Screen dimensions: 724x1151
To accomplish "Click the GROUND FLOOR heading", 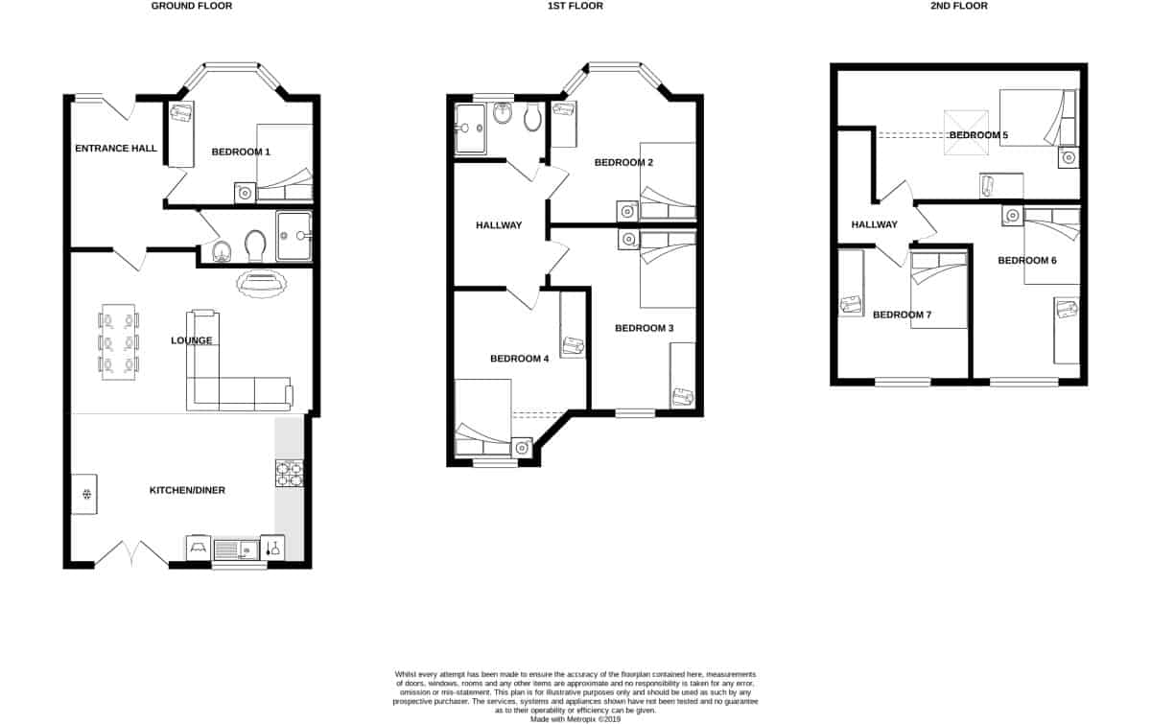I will click(192, 6).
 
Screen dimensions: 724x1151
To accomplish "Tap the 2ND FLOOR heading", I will click(959, 6).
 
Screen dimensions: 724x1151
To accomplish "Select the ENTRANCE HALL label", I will click(116, 149).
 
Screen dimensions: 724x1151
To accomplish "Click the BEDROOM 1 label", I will click(242, 152).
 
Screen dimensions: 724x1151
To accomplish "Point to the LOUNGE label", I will click(191, 340).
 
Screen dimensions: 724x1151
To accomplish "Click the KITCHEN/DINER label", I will click(187, 491).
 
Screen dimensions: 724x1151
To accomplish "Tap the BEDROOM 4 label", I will click(519, 359).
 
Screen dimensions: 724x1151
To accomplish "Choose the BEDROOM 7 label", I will click(902, 315).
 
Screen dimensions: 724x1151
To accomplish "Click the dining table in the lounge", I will click(120, 342).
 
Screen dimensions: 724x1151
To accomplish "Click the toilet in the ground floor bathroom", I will click(255, 245).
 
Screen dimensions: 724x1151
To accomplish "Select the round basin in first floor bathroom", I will click(504, 114).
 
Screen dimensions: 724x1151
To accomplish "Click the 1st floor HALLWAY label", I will click(499, 225).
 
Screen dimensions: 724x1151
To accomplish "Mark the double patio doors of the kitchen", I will click(131, 554).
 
